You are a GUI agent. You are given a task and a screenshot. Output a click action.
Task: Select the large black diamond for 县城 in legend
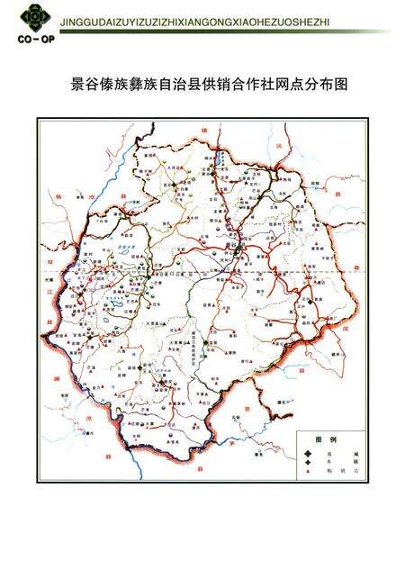[309, 452]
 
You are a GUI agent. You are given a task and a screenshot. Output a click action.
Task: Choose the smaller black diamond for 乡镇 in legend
[309, 461]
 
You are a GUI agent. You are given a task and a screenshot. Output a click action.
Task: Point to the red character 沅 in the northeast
[280, 144]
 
